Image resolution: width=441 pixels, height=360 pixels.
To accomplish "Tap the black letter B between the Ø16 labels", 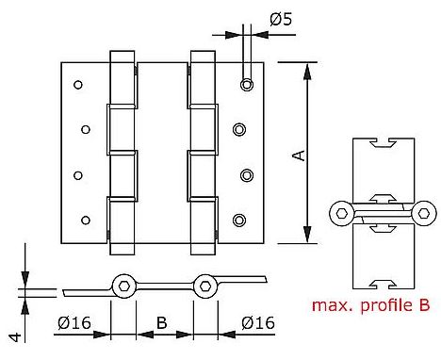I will (x=160, y=322).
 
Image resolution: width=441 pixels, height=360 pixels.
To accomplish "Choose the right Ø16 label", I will (x=258, y=323).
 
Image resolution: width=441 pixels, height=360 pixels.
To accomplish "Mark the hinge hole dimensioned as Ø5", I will (x=246, y=85).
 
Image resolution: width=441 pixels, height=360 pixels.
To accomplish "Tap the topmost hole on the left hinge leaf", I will (x=76, y=83).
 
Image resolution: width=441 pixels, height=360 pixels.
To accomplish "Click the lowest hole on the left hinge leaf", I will (x=85, y=221).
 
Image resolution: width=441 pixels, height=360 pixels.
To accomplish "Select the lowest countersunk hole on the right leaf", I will (x=239, y=221).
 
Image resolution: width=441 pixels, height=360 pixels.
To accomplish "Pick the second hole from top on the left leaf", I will (x=85, y=129).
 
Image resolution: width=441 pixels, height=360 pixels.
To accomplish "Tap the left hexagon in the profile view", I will (x=343, y=213).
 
